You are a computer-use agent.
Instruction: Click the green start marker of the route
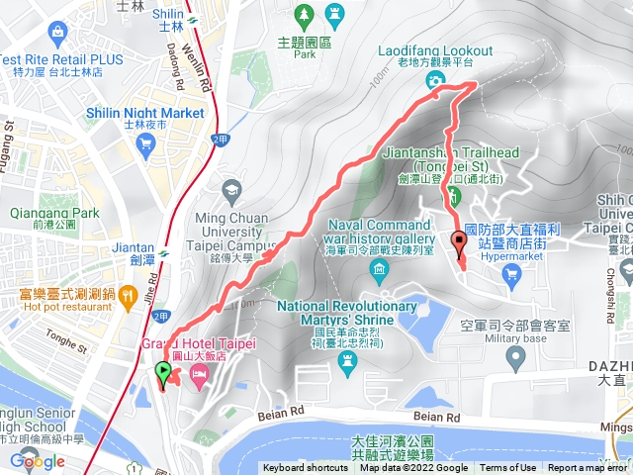[163, 373]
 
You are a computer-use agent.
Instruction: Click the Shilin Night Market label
[150, 113]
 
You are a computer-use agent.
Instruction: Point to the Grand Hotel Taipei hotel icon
[198, 376]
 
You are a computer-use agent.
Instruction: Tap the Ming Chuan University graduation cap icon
[230, 188]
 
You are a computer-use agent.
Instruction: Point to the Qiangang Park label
[41, 213]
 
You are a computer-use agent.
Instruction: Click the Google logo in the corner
[38, 461]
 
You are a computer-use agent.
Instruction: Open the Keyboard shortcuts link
[305, 468]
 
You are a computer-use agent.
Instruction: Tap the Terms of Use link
[508, 468]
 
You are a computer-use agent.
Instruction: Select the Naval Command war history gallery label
[379, 230]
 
